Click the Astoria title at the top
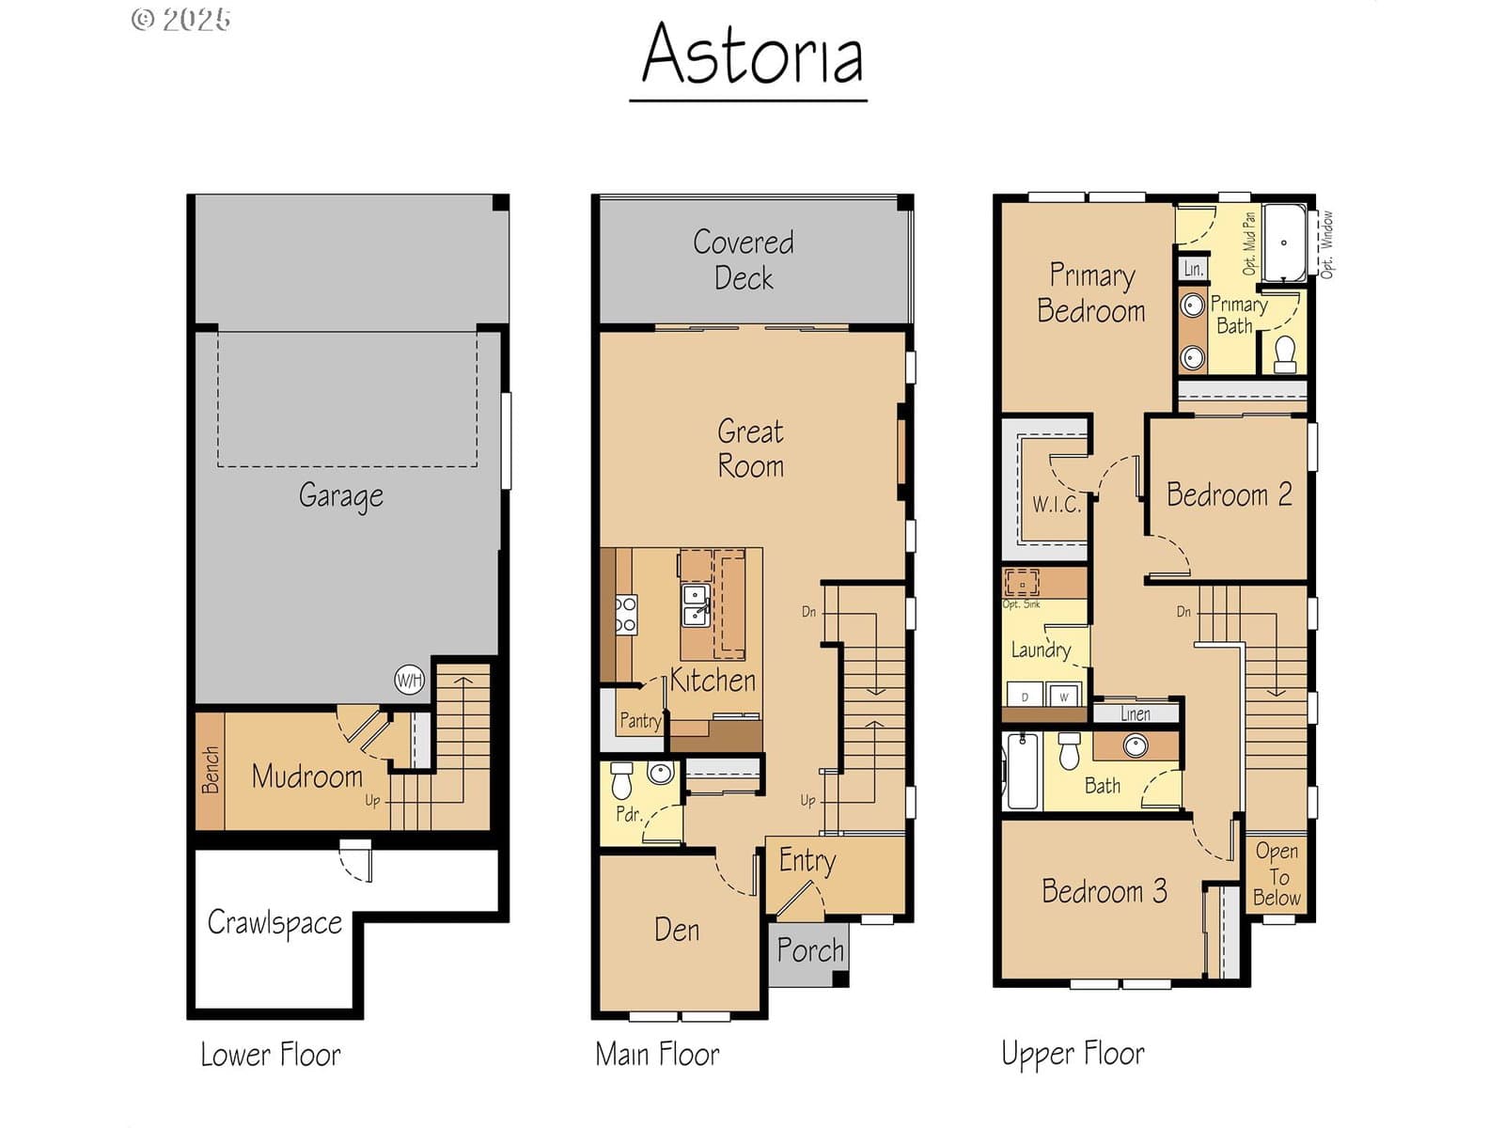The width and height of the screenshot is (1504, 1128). [751, 55]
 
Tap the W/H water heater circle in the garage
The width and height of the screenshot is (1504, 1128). [409, 680]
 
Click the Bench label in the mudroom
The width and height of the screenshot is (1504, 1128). [211, 770]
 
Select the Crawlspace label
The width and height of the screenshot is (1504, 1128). [274, 923]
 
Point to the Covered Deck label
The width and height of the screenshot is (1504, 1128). [744, 259]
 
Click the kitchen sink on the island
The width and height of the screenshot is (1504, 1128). [695, 605]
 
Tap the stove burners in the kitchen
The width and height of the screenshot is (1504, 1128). [626, 615]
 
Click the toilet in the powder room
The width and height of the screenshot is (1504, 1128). [621, 781]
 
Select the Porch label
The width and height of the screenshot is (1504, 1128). [810, 951]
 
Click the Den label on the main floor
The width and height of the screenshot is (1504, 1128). [676, 930]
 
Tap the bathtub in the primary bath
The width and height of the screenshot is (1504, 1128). [1284, 243]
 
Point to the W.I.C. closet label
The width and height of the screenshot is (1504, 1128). [1056, 505]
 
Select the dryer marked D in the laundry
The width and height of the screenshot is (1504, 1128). [1025, 696]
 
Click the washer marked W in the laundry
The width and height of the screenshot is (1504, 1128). [1063, 696]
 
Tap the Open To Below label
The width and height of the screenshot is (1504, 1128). [1277, 874]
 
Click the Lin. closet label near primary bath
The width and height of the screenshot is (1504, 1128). [1193, 269]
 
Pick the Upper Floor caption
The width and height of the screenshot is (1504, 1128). [1073, 1054]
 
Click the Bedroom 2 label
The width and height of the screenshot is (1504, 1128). [1230, 494]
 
